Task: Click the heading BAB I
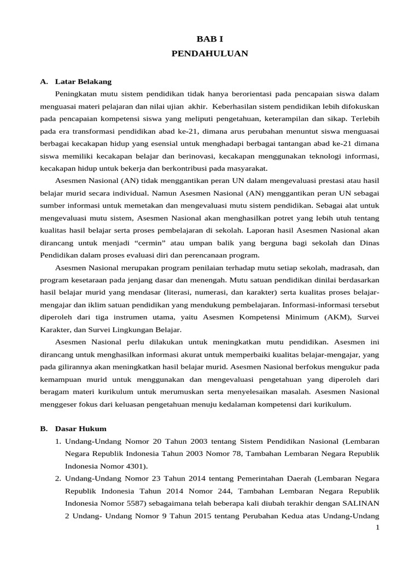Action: [209, 39]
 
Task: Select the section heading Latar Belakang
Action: [83, 82]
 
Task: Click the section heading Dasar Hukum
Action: [81, 428]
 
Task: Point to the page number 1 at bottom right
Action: [377, 527]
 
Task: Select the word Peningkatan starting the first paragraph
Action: [78, 94]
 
